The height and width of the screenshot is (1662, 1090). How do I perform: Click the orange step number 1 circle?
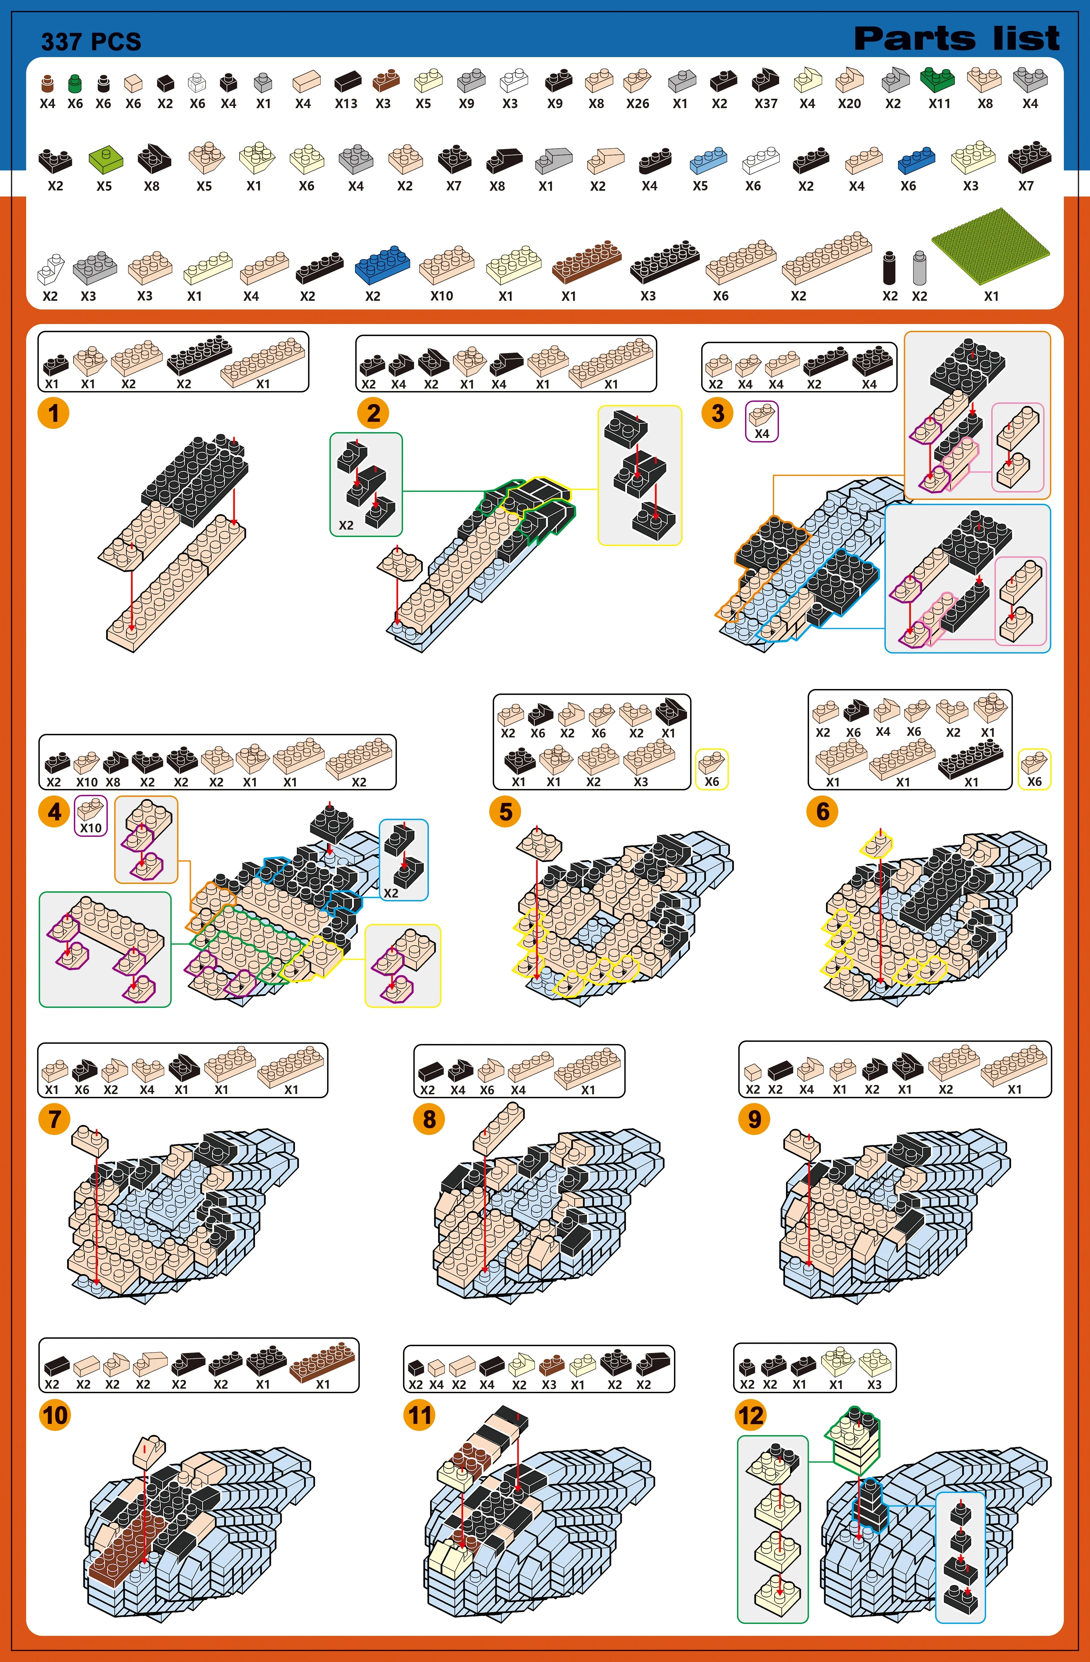pyautogui.click(x=54, y=413)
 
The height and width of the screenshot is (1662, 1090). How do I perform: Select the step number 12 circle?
pyautogui.click(x=751, y=1415)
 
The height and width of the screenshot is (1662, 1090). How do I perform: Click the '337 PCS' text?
pyautogui.click(x=91, y=42)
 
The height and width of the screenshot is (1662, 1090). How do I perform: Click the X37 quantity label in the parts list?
pyautogui.click(x=766, y=103)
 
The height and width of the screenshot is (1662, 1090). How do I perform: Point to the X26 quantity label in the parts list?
pyautogui.click(x=638, y=103)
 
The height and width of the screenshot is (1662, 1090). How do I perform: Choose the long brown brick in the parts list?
pyautogui.click(x=587, y=260)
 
